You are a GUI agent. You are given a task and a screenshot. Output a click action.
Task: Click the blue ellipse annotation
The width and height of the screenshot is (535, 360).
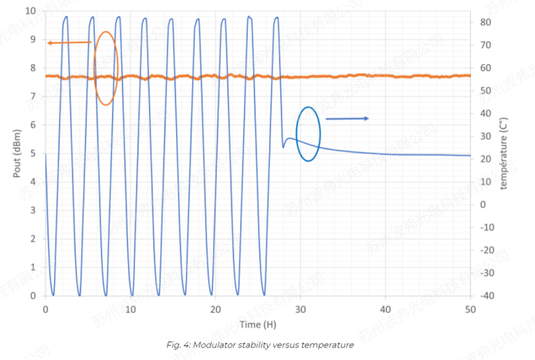pyautogui.click(x=308, y=134)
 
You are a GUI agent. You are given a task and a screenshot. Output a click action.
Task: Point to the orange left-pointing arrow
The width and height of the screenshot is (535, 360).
pyautogui.click(x=69, y=42)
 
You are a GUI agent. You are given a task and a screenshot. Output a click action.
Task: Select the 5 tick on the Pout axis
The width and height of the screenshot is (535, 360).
pyautogui.click(x=32, y=153)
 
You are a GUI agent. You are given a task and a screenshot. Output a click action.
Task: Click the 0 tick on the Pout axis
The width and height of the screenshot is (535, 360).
pyautogui.click(x=32, y=295)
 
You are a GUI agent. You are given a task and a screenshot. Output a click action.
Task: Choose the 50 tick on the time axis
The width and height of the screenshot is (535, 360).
pyautogui.click(x=470, y=309)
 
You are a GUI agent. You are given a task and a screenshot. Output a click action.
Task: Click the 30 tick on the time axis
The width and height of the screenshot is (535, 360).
pyautogui.click(x=300, y=309)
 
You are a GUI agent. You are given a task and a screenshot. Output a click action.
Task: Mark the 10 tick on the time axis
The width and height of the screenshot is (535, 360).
pyautogui.click(x=130, y=309)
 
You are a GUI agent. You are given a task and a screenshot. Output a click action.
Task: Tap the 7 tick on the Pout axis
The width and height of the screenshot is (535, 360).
pyautogui.click(x=32, y=97)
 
